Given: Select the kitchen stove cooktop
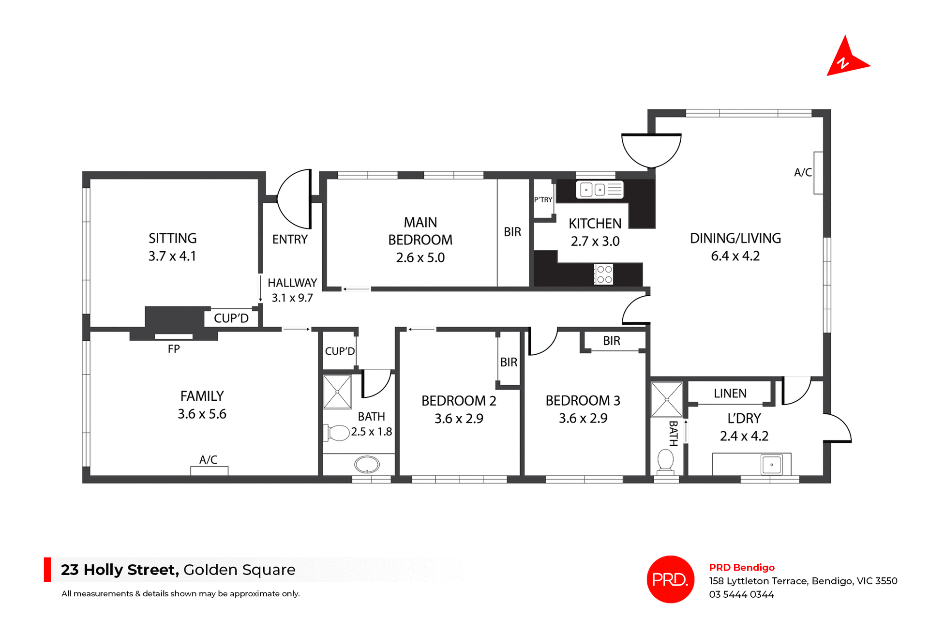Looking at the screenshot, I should pos(604,274).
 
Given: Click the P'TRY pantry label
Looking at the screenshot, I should pos(543,200).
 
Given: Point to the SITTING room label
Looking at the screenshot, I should pos(173,238).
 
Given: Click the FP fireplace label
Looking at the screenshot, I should pos(174,349).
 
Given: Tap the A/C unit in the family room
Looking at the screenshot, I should pos(209,470).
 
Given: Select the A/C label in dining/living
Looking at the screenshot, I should pos(803,172).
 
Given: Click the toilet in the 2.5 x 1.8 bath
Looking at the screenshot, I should pos(338,433).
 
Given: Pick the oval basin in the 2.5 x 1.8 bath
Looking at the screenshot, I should pos(367,465).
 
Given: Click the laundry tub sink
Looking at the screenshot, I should pos(771,465).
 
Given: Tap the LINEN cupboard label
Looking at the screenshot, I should pos(730,393).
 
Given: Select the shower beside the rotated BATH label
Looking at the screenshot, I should pos(666,400).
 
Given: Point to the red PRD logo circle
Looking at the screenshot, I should pos(670,579).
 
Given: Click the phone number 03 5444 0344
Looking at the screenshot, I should pos(741,594).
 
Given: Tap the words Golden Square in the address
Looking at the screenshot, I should pos(239,570).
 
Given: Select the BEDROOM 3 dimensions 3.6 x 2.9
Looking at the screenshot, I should pos(583,418).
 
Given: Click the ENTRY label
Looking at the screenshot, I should pos(290,240).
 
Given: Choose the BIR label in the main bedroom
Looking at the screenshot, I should pos(512,232).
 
